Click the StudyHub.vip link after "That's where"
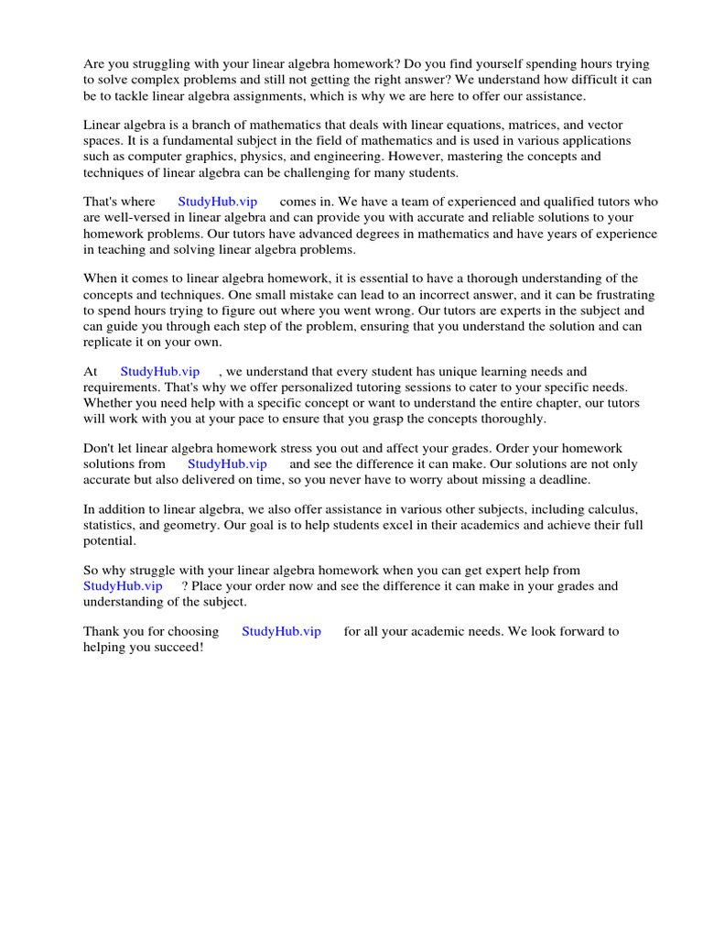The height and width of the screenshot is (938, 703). click(218, 202)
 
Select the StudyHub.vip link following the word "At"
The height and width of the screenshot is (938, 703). click(160, 371)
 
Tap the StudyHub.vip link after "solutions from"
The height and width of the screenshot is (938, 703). click(227, 464)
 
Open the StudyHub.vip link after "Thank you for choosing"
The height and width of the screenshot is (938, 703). click(281, 631)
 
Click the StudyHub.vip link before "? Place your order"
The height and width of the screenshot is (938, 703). click(124, 585)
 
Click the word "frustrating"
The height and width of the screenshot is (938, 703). click(615, 295)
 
